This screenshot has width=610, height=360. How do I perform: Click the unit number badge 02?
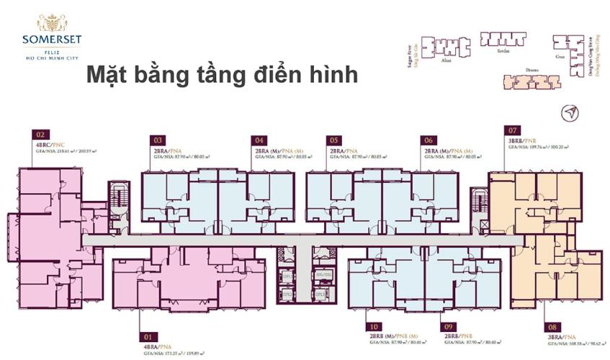pos(40,134)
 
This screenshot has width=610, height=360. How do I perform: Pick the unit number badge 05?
pos(333,140)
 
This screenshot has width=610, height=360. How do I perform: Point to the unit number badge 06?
pos(429,140)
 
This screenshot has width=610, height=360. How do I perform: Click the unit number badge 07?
pos(513,131)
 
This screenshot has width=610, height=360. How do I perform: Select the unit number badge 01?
pos(149,336)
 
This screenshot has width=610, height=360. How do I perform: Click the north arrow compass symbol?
pos(570,113)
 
